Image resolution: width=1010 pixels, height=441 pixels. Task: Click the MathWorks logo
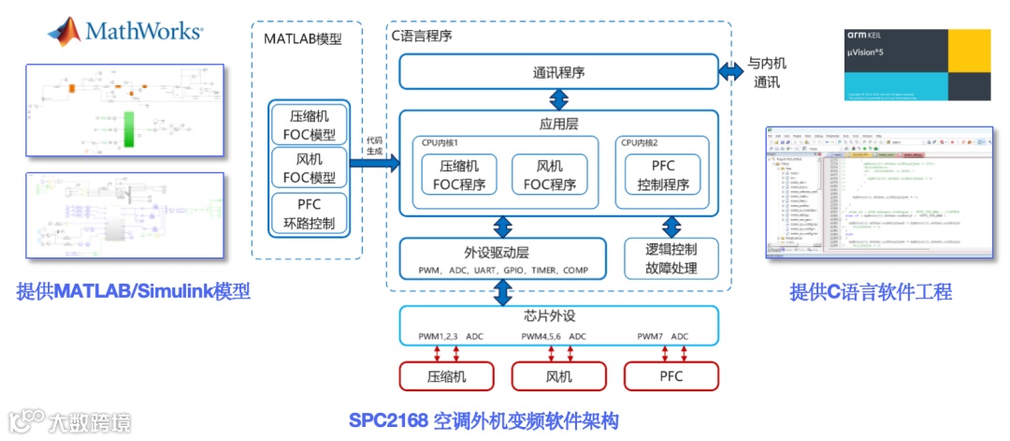click(124, 31)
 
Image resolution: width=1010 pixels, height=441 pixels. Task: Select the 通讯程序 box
click(558, 72)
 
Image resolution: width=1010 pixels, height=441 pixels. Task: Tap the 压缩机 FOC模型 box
click(308, 123)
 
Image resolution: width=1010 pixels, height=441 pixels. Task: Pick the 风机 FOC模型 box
click(308, 169)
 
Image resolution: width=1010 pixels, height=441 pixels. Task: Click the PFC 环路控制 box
click(308, 214)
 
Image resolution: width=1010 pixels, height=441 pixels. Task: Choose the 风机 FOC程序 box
click(550, 175)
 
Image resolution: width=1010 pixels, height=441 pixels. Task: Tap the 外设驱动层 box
click(502, 259)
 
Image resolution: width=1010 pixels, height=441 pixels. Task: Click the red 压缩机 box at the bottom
click(446, 376)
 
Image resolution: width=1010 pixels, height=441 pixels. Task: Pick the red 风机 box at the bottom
click(558, 376)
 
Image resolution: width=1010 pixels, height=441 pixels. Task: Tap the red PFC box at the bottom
click(671, 376)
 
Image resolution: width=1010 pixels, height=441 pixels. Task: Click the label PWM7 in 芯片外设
click(652, 336)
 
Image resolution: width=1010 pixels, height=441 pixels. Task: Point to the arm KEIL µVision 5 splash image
click(916, 64)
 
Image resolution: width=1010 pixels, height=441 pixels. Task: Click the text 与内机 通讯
click(765, 73)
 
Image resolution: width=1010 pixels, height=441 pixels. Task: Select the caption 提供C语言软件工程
click(871, 292)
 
